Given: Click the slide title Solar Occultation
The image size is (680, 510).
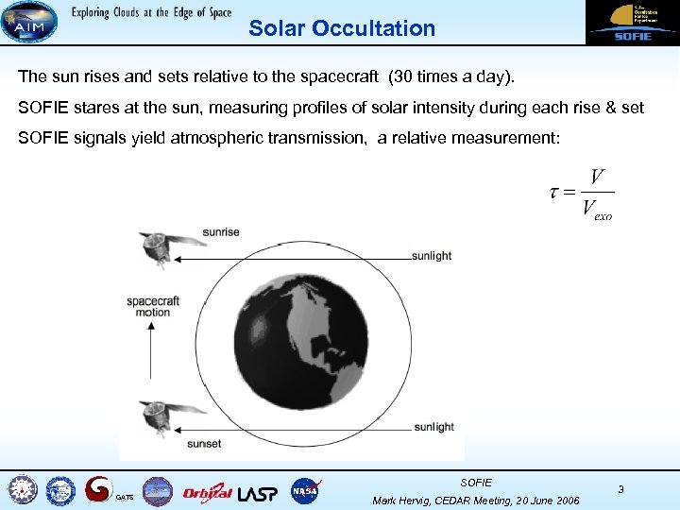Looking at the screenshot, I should pyautogui.click(x=342, y=28).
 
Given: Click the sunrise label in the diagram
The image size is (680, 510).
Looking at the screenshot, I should pyautogui.click(x=220, y=232).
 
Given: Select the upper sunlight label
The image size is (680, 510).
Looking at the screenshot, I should pyautogui.click(x=432, y=256).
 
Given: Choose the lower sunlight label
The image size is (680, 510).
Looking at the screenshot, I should pyautogui.click(x=433, y=427).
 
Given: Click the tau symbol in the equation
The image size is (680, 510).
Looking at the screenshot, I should pyautogui.click(x=554, y=192).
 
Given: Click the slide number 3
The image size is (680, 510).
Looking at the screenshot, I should pyautogui.click(x=620, y=489).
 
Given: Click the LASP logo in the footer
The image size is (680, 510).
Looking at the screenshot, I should pyautogui.click(x=258, y=491).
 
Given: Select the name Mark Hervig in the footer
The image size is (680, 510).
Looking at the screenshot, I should pyautogui.click(x=405, y=500).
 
